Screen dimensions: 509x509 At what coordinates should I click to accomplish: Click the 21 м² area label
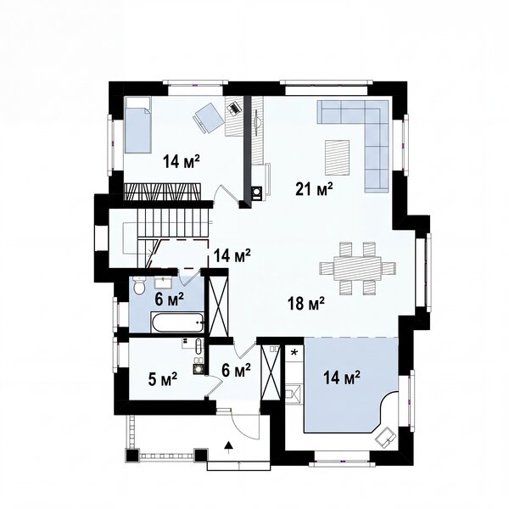click(314, 189)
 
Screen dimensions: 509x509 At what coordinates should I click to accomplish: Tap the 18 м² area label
click(305, 304)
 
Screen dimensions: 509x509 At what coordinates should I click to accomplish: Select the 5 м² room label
click(163, 379)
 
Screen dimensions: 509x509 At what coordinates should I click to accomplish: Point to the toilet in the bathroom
click(139, 286)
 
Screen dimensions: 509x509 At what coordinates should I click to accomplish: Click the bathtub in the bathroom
click(177, 322)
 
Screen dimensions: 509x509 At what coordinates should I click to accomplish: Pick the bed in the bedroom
click(137, 125)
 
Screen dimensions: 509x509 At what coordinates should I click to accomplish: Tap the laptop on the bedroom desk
click(234, 108)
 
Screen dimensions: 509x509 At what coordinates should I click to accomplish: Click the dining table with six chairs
click(357, 268)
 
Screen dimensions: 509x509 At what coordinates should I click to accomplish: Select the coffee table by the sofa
click(338, 157)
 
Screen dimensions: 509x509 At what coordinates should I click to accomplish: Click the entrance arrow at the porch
click(229, 447)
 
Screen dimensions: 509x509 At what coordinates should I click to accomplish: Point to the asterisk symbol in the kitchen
click(294, 353)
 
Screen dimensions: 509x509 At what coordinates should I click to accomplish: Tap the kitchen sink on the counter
click(294, 394)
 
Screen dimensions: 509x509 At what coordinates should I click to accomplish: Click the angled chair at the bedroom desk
click(209, 118)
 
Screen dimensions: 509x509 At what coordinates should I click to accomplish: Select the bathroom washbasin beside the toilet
click(164, 282)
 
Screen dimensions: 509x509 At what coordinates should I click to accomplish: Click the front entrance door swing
click(245, 422)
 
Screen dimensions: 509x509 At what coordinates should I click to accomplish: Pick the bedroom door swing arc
click(227, 193)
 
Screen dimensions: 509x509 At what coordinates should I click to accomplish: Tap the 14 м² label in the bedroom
click(182, 161)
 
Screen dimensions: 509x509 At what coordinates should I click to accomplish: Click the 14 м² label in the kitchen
click(342, 378)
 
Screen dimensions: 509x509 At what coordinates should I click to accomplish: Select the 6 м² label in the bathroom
click(169, 299)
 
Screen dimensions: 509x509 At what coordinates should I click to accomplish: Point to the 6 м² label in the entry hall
click(236, 370)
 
